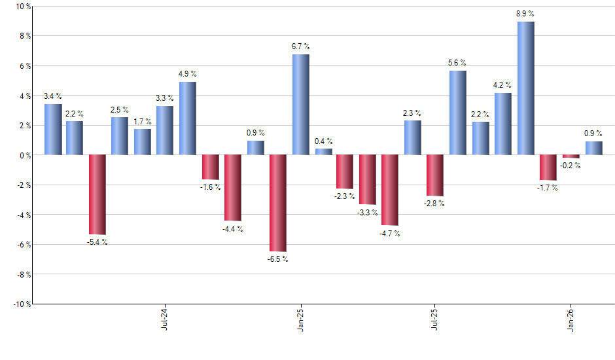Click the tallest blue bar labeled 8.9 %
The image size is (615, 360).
(525, 88)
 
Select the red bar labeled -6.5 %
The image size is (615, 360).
(277, 203)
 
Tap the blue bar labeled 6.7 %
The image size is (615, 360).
(300, 105)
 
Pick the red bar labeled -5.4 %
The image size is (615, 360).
(97, 194)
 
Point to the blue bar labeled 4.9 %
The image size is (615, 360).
(187, 118)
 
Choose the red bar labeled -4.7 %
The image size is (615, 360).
(390, 190)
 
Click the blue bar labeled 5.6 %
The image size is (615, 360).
(458, 113)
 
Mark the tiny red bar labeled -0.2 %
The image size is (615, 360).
(571, 156)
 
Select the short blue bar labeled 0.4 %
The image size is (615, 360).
(323, 152)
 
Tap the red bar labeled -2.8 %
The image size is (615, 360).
(435, 175)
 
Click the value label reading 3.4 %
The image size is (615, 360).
(52, 96)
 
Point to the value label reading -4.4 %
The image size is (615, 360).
(233, 228)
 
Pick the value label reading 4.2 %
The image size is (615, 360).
(502, 85)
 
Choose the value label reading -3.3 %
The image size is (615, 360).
(368, 212)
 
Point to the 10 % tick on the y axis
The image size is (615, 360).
(22, 7)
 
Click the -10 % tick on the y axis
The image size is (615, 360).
(21, 304)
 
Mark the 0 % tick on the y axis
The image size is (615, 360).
(24, 155)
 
